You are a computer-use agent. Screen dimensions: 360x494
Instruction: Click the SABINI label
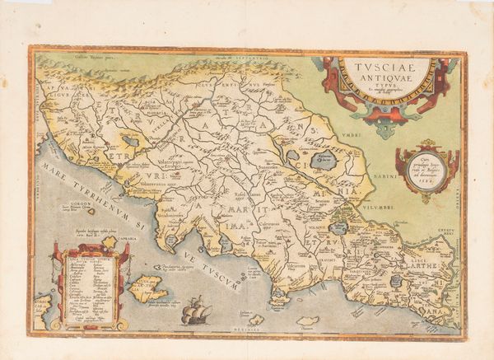406,198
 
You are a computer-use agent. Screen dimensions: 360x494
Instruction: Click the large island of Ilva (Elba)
148,288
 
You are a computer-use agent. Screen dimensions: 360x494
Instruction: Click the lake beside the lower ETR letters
129,141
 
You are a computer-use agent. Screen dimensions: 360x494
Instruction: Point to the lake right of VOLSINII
338,227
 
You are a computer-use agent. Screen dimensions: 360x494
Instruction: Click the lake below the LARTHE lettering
397,281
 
